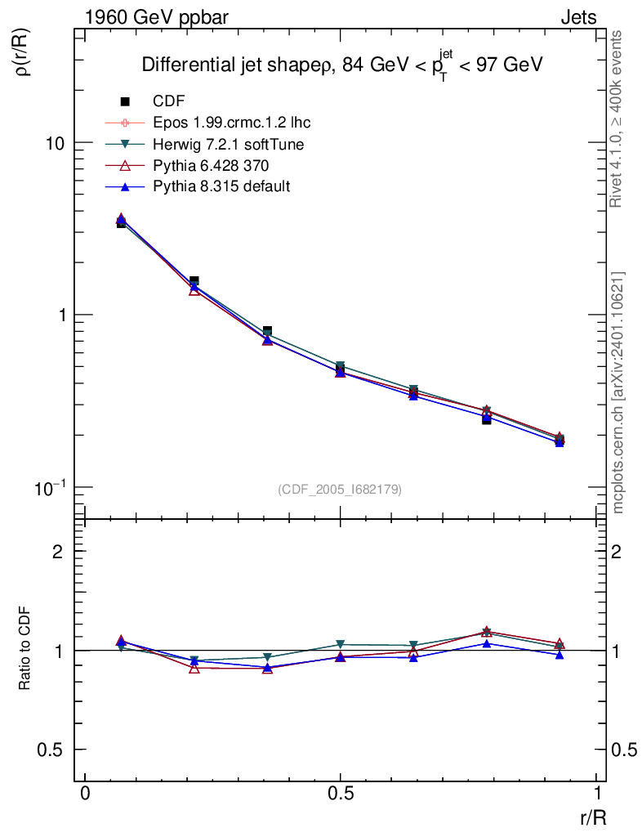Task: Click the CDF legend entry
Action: tap(169, 101)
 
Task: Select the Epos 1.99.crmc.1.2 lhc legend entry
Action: tap(231, 123)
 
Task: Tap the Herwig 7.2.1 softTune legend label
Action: tap(229, 144)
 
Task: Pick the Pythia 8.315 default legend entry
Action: tap(221, 186)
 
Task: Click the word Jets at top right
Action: tap(578, 17)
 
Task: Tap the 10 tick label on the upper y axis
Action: tap(55, 143)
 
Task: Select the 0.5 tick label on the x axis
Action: tap(341, 794)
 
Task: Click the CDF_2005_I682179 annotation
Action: tap(340, 489)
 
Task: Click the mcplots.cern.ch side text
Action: tap(618, 392)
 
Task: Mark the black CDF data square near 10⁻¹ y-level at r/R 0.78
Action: tap(486, 419)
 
